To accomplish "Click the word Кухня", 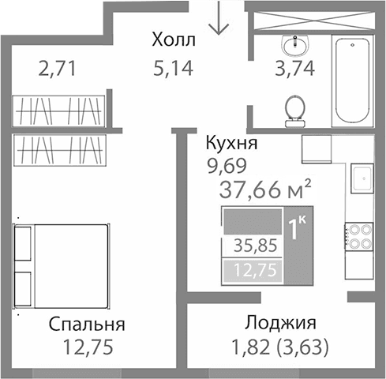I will (x=230, y=144).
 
